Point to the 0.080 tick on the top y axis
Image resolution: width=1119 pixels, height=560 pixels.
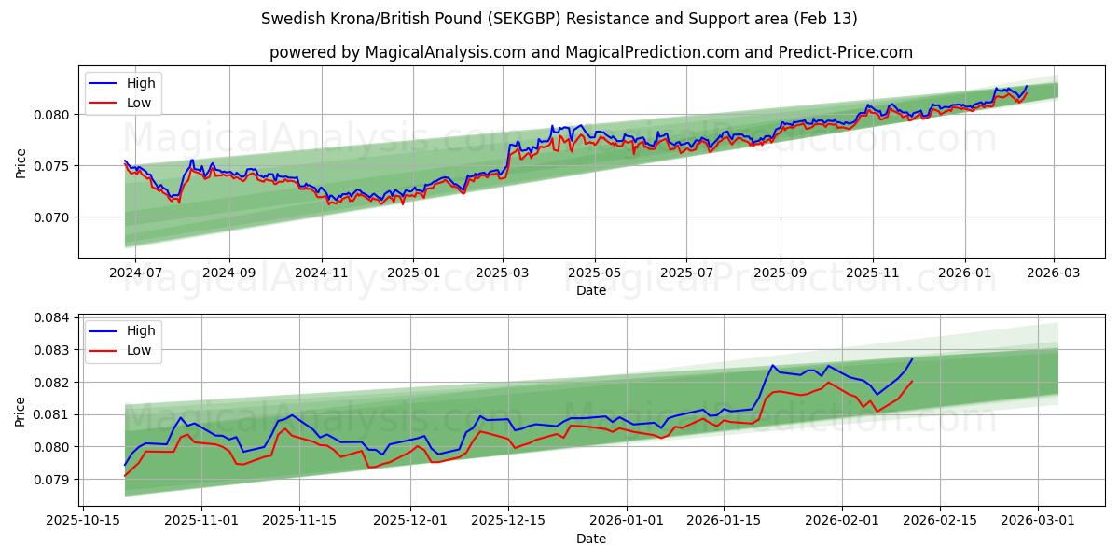coord(53,115)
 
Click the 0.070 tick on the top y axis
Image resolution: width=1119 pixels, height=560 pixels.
coord(53,217)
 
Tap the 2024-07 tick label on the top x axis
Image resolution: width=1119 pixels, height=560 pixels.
coord(136,273)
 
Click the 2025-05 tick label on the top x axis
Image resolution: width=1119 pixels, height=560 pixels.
coord(595,273)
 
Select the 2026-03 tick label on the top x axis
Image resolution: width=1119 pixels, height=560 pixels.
coord(1054,273)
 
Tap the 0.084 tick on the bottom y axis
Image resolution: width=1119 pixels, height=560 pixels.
coord(53,317)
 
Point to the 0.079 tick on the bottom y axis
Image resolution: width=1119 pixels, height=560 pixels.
coord(53,480)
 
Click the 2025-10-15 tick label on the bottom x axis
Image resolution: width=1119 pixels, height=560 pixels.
coord(85,521)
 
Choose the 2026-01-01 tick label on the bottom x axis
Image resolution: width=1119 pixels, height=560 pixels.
coord(626,521)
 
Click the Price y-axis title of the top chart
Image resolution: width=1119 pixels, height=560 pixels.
coord(21,162)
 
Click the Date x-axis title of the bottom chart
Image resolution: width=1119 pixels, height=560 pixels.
coord(590,539)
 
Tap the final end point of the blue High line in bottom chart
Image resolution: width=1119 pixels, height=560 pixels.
coord(912,359)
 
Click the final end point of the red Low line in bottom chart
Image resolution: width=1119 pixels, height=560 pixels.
coord(912,381)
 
